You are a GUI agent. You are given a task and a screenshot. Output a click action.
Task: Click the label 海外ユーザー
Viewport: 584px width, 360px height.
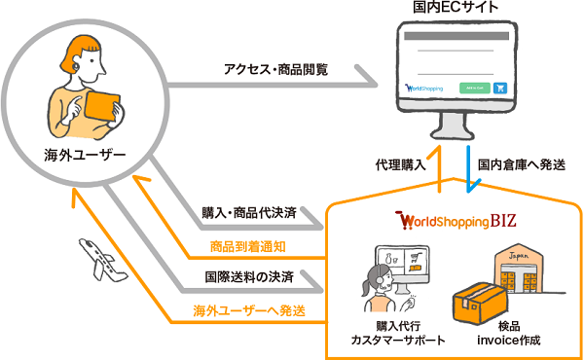(85, 154)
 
